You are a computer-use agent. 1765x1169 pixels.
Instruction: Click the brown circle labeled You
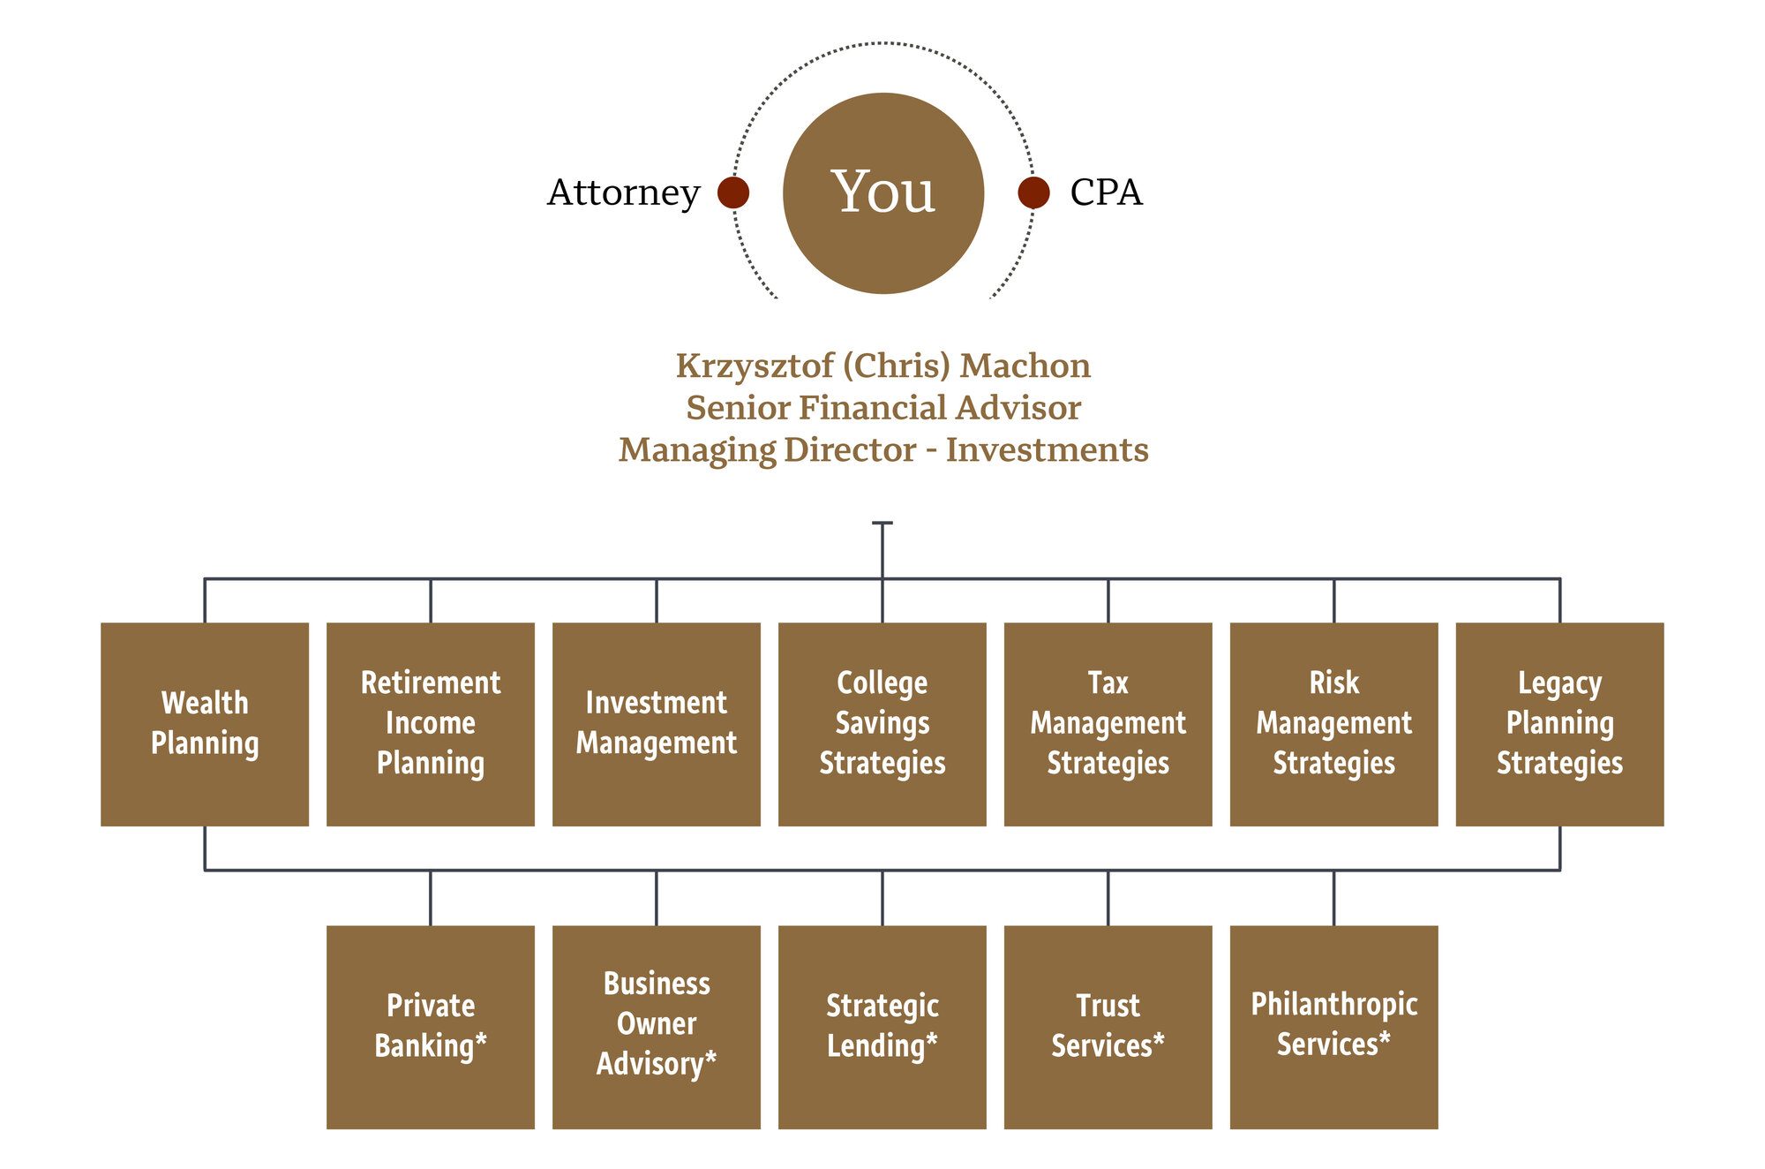[x=882, y=192]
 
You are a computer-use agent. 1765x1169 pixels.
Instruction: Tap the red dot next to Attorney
[x=733, y=192]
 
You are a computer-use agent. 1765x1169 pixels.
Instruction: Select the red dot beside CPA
[x=1033, y=192]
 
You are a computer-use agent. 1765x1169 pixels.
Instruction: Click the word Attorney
[x=623, y=192]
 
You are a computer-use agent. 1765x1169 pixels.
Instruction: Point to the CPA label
[x=1106, y=192]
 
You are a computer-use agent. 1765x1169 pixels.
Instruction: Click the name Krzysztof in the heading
[x=755, y=366]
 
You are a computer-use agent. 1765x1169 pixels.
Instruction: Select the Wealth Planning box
[x=205, y=724]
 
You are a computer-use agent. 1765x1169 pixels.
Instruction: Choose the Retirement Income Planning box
[x=431, y=724]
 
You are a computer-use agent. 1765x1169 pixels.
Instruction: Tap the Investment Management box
[x=657, y=724]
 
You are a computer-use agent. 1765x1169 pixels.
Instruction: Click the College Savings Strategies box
[x=882, y=724]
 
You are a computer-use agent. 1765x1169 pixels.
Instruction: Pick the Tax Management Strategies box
[x=1108, y=724]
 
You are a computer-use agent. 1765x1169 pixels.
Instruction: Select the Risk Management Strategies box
[x=1334, y=724]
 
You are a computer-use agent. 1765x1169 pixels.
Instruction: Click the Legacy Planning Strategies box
[x=1559, y=724]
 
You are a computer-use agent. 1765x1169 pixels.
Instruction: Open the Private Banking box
[x=431, y=1027]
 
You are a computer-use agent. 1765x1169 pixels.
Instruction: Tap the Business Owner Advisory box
[x=657, y=1027]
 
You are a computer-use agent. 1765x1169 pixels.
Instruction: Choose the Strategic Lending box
[x=882, y=1027]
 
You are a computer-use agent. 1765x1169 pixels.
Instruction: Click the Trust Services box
[x=1108, y=1027]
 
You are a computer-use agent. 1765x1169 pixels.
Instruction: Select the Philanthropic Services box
[x=1334, y=1027]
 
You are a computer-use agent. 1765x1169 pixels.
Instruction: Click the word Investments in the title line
[x=1047, y=450]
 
